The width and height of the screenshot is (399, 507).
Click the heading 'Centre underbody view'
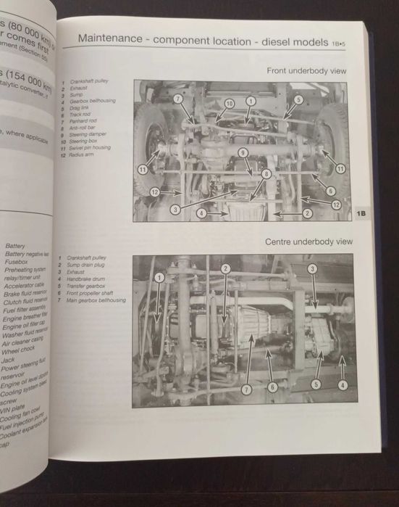pyautogui.click(x=308, y=241)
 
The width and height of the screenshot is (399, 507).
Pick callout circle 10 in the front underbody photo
pyautogui.click(x=229, y=104)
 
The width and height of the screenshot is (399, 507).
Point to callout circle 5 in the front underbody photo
pyautogui.click(x=298, y=100)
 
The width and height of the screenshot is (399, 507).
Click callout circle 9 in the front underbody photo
pyautogui.click(x=244, y=152)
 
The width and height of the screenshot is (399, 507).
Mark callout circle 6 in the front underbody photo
pyautogui.click(x=329, y=191)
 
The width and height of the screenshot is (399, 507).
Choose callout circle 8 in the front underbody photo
pyautogui.click(x=266, y=174)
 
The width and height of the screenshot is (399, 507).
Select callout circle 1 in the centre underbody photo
pyautogui.click(x=159, y=278)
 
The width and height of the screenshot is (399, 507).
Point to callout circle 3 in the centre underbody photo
pyautogui.click(x=312, y=269)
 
